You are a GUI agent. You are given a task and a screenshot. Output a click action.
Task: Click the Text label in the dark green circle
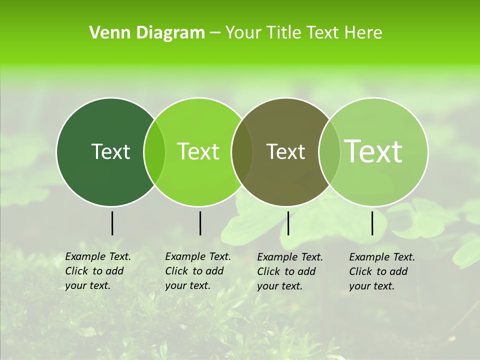[110, 151]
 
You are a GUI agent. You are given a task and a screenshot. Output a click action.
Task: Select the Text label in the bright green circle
[198, 151]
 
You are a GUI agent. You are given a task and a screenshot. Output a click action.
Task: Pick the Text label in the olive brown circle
[286, 151]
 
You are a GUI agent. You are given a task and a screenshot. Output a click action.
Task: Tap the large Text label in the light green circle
[373, 151]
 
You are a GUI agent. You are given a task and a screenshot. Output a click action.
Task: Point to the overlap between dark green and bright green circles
[154, 151]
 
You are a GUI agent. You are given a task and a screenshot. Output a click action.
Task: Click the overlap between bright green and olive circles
[242, 151]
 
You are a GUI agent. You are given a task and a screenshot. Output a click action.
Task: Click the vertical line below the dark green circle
[112, 223]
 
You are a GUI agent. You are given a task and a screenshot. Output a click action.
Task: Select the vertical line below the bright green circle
[200, 223]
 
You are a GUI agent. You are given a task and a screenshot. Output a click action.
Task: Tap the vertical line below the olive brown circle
[288, 223]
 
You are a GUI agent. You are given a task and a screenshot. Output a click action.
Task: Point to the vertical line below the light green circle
[372, 223]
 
